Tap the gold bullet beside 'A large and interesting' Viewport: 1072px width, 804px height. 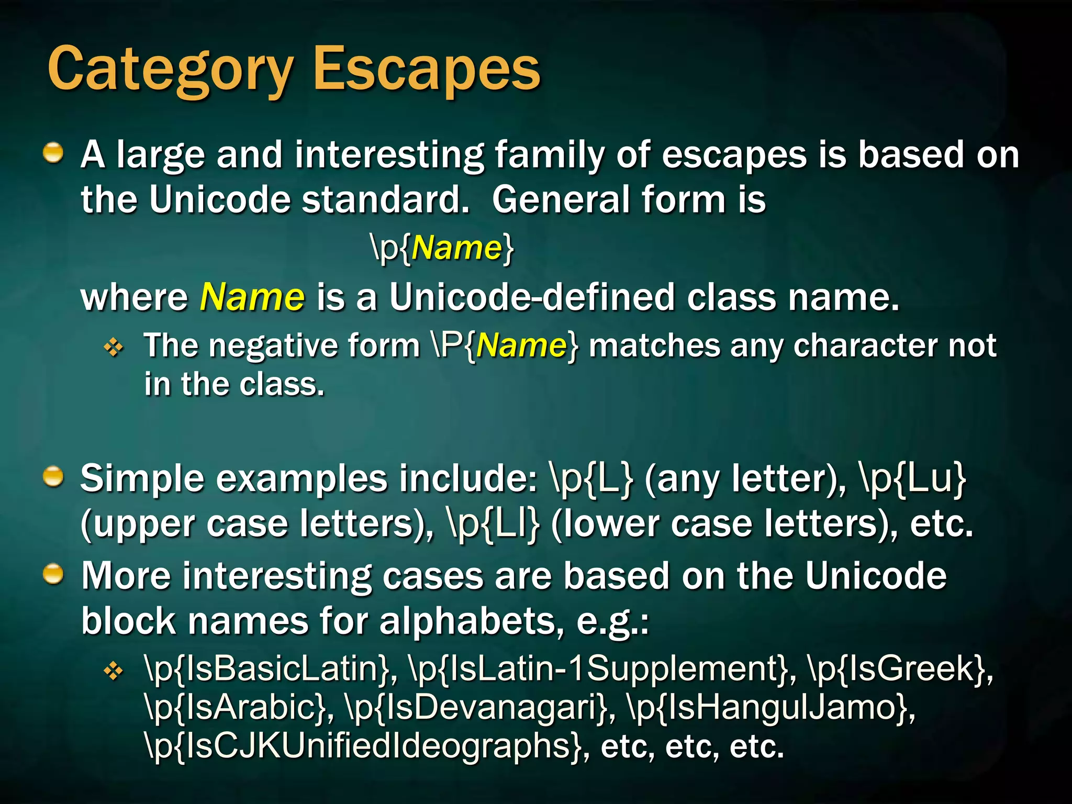[x=53, y=154]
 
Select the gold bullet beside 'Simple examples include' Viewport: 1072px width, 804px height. [x=53, y=477]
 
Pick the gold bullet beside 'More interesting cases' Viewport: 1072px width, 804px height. [x=53, y=575]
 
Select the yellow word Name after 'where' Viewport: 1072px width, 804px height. [x=252, y=297]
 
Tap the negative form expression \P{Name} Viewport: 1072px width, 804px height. [x=506, y=345]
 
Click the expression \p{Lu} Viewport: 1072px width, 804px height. [x=912, y=478]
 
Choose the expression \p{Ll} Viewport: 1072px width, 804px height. [x=493, y=523]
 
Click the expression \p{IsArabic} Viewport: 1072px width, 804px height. [x=236, y=708]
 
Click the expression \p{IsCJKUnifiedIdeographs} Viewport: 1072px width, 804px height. [x=363, y=746]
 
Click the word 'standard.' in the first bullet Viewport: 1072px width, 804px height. [x=385, y=200]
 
